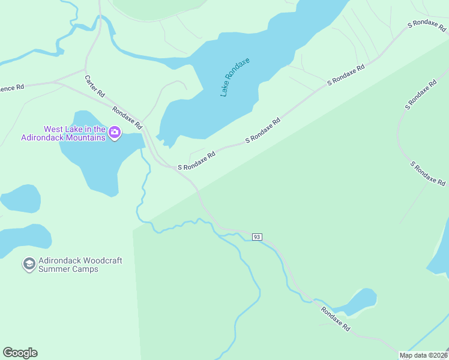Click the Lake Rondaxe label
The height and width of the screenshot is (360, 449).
click(234, 77)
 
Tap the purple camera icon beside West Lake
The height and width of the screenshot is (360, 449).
click(114, 133)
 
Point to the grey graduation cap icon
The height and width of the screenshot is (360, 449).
click(28, 264)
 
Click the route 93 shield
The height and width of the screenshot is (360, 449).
click(257, 237)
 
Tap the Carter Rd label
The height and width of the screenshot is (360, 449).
click(95, 86)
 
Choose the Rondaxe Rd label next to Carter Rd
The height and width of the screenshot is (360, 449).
click(127, 118)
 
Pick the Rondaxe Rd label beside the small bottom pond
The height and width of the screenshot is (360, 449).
click(335, 319)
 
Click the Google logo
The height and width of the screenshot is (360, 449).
click(20, 353)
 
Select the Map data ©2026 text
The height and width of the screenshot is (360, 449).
click(423, 355)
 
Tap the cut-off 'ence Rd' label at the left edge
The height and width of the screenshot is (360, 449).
click(12, 87)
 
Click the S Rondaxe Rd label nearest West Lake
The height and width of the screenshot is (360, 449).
click(196, 161)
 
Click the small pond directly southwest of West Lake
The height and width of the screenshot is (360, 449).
click(21, 199)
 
